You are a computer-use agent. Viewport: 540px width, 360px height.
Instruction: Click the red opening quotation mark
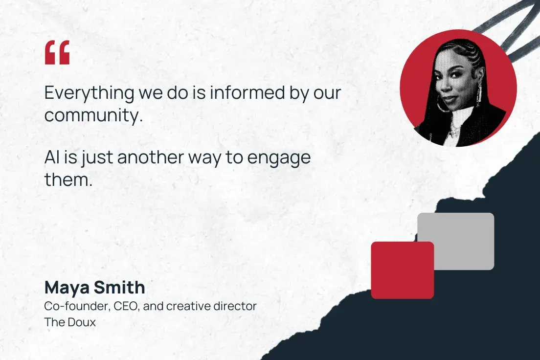click(57, 52)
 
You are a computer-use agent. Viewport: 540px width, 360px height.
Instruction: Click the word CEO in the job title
click(126, 307)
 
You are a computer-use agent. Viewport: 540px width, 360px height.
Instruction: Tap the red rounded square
click(402, 270)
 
